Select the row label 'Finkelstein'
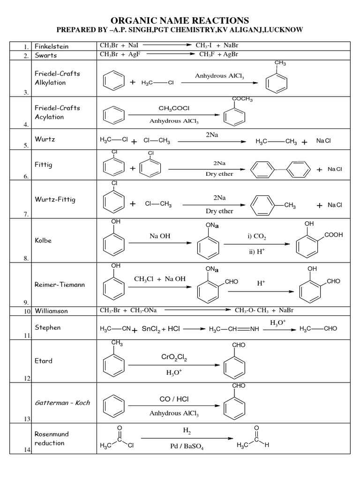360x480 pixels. pyautogui.click(x=52, y=46)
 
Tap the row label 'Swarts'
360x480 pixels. pyautogui.click(x=46, y=55)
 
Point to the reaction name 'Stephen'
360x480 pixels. pyautogui.click(x=48, y=327)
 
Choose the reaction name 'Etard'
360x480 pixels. pyautogui.click(x=44, y=361)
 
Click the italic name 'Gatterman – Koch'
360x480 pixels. pyautogui.click(x=62, y=403)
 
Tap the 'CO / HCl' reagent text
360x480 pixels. pyautogui.click(x=174, y=399)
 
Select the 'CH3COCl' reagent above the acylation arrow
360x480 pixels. pyautogui.click(x=174, y=108)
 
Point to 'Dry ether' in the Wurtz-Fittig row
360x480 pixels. pyautogui.click(x=219, y=211)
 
